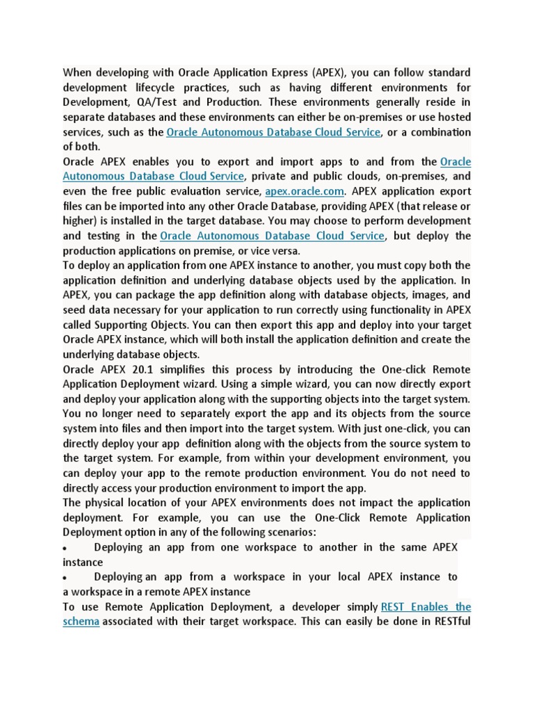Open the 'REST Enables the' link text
pos(426,606)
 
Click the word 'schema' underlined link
pos(81,621)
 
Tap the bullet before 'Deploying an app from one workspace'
pos(65,548)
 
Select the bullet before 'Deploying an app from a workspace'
pos(65,578)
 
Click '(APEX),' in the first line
pos(330,72)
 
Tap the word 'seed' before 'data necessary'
pos(75,310)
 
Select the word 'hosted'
pos(454,117)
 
